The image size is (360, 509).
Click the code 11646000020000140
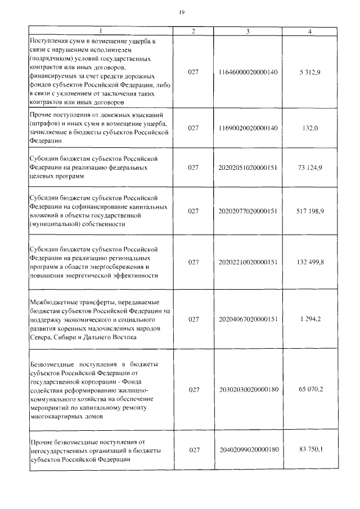pos(247,73)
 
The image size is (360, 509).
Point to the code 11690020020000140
pos(247,128)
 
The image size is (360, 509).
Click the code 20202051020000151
pos(247,168)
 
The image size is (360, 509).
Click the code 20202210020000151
pos(247,262)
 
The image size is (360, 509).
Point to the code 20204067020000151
pos(247,319)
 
